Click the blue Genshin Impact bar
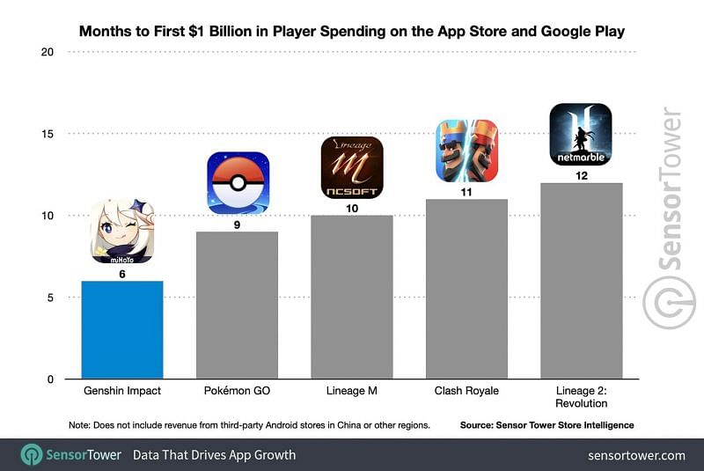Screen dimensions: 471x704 pos(122,330)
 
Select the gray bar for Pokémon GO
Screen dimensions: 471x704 pos(237,305)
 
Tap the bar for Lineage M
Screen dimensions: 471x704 pos(351,298)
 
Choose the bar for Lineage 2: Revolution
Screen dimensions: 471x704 pos(581,281)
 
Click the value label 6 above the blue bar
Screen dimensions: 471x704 pos(122,274)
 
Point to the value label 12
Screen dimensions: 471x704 pos(581,176)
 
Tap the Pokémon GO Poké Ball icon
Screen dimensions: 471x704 pos(237,184)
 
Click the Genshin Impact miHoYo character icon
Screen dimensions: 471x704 pos(122,232)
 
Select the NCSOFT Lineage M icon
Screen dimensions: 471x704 pos(351,167)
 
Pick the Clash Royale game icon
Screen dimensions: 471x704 pos(466,151)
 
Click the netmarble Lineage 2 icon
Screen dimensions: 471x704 pos(581,134)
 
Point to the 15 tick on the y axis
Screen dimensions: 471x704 pos(47,134)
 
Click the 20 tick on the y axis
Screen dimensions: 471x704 pos(47,52)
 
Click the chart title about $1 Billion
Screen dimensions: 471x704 pos(352,32)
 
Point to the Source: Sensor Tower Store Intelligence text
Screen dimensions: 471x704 pos(546,425)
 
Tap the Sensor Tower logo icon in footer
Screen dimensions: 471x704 pos(32,455)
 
